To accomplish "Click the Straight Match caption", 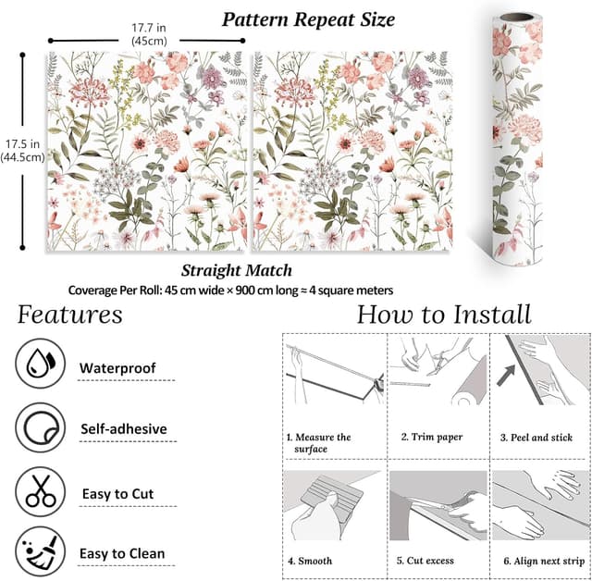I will [237, 271].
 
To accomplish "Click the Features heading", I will [70, 315].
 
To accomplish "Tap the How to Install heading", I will [444, 315].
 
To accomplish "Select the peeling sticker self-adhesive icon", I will [40, 427].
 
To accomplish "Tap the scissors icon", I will [40, 490].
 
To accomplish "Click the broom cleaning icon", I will [40, 552].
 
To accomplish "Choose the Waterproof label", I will [117, 368].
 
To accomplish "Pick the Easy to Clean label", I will [122, 554].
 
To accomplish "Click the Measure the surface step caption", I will [318, 442].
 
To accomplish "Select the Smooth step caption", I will [311, 561].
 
